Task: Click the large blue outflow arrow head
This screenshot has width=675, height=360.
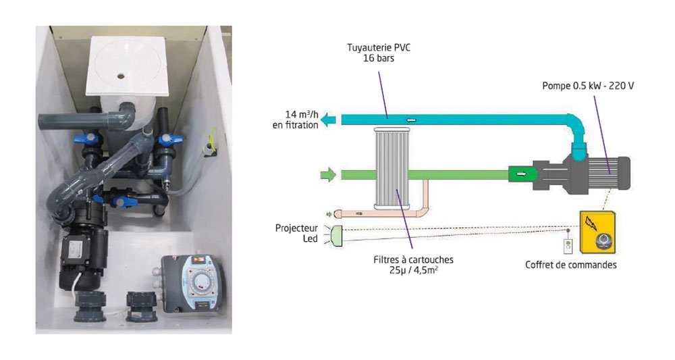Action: pos(329,120)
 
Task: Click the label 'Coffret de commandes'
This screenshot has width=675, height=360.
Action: pos(570,264)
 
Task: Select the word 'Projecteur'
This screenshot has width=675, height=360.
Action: pos(296,228)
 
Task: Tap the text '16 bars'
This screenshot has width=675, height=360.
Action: pos(382,59)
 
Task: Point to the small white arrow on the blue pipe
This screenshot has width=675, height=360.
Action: pos(411,120)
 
